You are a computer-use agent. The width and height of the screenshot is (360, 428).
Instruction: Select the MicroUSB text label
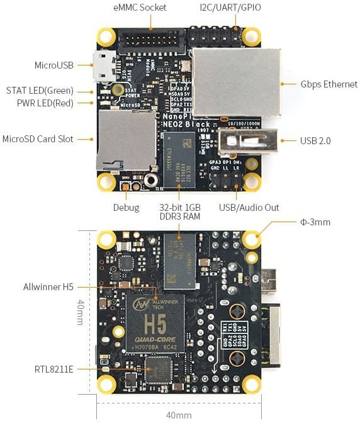tap(54, 65)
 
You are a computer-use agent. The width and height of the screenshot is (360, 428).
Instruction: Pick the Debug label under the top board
tap(126, 208)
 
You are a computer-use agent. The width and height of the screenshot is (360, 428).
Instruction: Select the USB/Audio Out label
tap(249, 208)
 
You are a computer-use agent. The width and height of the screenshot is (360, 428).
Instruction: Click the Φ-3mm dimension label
tap(315, 222)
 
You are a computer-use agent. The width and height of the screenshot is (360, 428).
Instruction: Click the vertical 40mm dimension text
tap(80, 312)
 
